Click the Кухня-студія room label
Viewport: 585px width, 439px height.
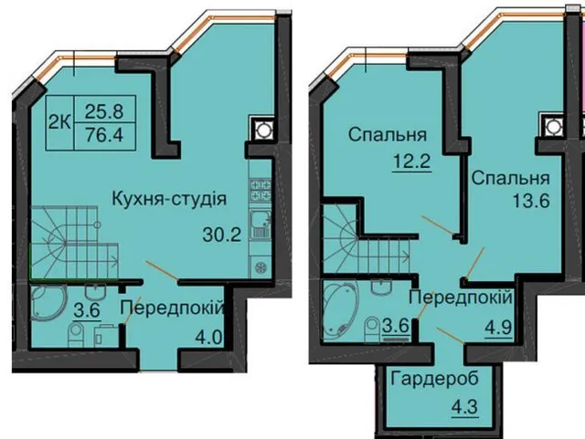pyautogui.click(x=169, y=199)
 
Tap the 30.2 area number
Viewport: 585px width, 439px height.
pyautogui.click(x=221, y=235)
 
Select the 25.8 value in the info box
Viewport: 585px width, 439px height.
pyautogui.click(x=104, y=110)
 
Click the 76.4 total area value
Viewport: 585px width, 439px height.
pyautogui.click(x=104, y=134)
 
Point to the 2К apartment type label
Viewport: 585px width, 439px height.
pyautogui.click(x=59, y=122)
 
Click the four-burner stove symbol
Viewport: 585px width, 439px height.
pyautogui.click(x=261, y=190)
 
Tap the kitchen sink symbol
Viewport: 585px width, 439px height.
pyautogui.click(x=261, y=224)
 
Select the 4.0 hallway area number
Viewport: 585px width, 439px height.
pyautogui.click(x=209, y=338)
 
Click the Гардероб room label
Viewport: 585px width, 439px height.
pyautogui.click(x=435, y=380)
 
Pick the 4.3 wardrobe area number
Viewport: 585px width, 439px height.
pyautogui.click(x=464, y=406)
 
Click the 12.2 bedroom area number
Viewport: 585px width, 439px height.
pyautogui.click(x=411, y=162)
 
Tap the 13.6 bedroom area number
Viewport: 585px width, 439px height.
pyautogui.click(x=531, y=201)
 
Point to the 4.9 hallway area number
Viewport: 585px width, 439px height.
pyautogui.click(x=498, y=328)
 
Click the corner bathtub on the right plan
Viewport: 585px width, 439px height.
pyautogui.click(x=339, y=310)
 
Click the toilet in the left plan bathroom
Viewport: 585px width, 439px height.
pyautogui.click(x=77, y=335)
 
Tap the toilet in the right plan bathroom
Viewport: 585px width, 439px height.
pyautogui.click(x=372, y=329)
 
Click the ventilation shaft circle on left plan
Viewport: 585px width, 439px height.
pyautogui.click(x=262, y=131)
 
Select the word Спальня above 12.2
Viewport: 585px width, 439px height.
pyautogui.click(x=388, y=134)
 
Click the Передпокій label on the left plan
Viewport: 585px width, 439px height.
pyautogui.click(x=172, y=308)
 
